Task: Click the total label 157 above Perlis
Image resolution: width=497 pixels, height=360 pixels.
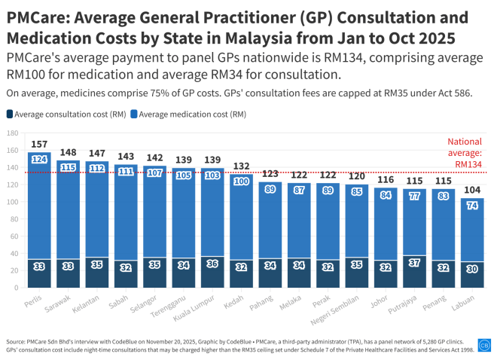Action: [x=39, y=144]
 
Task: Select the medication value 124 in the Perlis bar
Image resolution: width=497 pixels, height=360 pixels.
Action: [x=39, y=160]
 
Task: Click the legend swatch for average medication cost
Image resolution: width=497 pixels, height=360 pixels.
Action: [x=134, y=114]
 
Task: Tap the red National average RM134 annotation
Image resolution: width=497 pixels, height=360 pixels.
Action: [x=464, y=153]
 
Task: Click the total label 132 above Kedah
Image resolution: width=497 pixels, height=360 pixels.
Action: [x=242, y=166]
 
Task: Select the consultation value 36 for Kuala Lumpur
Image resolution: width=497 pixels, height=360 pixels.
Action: [x=212, y=264]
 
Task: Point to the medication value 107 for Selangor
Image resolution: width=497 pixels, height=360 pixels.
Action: [x=155, y=172]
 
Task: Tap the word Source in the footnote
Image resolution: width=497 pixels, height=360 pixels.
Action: [x=17, y=341]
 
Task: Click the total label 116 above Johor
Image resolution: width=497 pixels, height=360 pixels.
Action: [x=386, y=179]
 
